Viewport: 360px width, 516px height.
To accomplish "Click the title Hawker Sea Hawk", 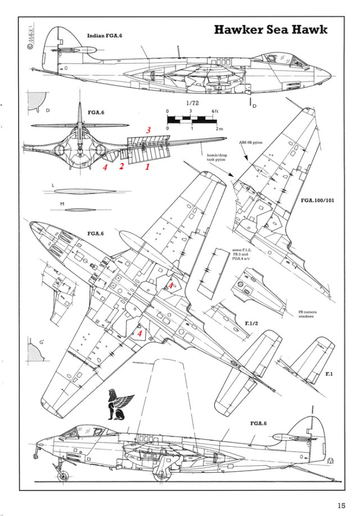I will pyautogui.click(x=278, y=30).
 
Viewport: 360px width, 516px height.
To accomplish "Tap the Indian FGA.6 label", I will pyautogui.click(x=105, y=35).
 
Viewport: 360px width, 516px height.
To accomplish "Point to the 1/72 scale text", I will pyautogui.click(x=191, y=103).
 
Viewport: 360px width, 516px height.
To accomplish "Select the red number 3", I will pyautogui.click(x=148, y=130).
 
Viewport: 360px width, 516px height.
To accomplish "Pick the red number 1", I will pyautogui.click(x=148, y=167).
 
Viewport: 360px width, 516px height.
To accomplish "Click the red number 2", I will pyautogui.click(x=120, y=167).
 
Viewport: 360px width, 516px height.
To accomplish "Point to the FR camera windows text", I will pyautogui.click(x=309, y=313).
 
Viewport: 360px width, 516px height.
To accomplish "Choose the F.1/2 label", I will pyautogui.click(x=251, y=324).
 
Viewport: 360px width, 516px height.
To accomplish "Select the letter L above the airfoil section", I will pyautogui.click(x=52, y=185).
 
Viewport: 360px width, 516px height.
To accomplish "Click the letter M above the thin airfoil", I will pyautogui.click(x=52, y=202).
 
